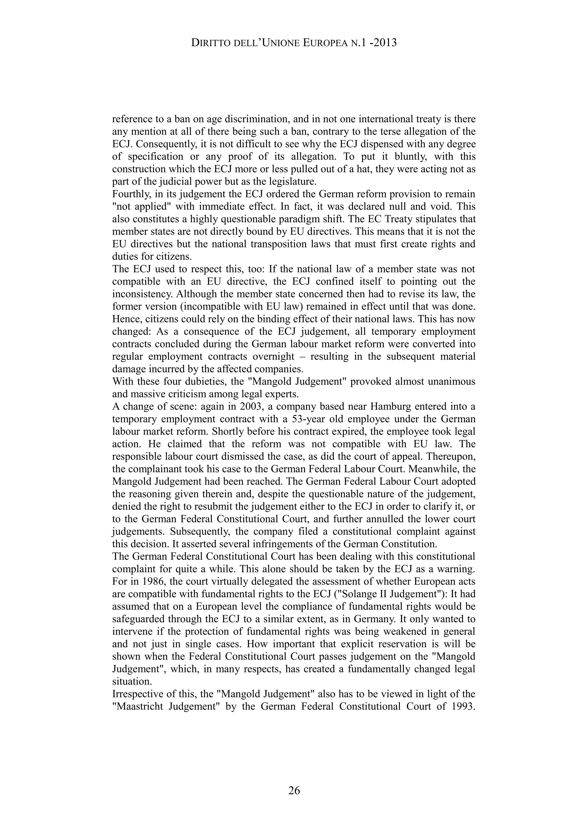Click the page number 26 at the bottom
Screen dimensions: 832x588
(x=294, y=790)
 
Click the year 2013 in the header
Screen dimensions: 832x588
(x=384, y=43)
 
